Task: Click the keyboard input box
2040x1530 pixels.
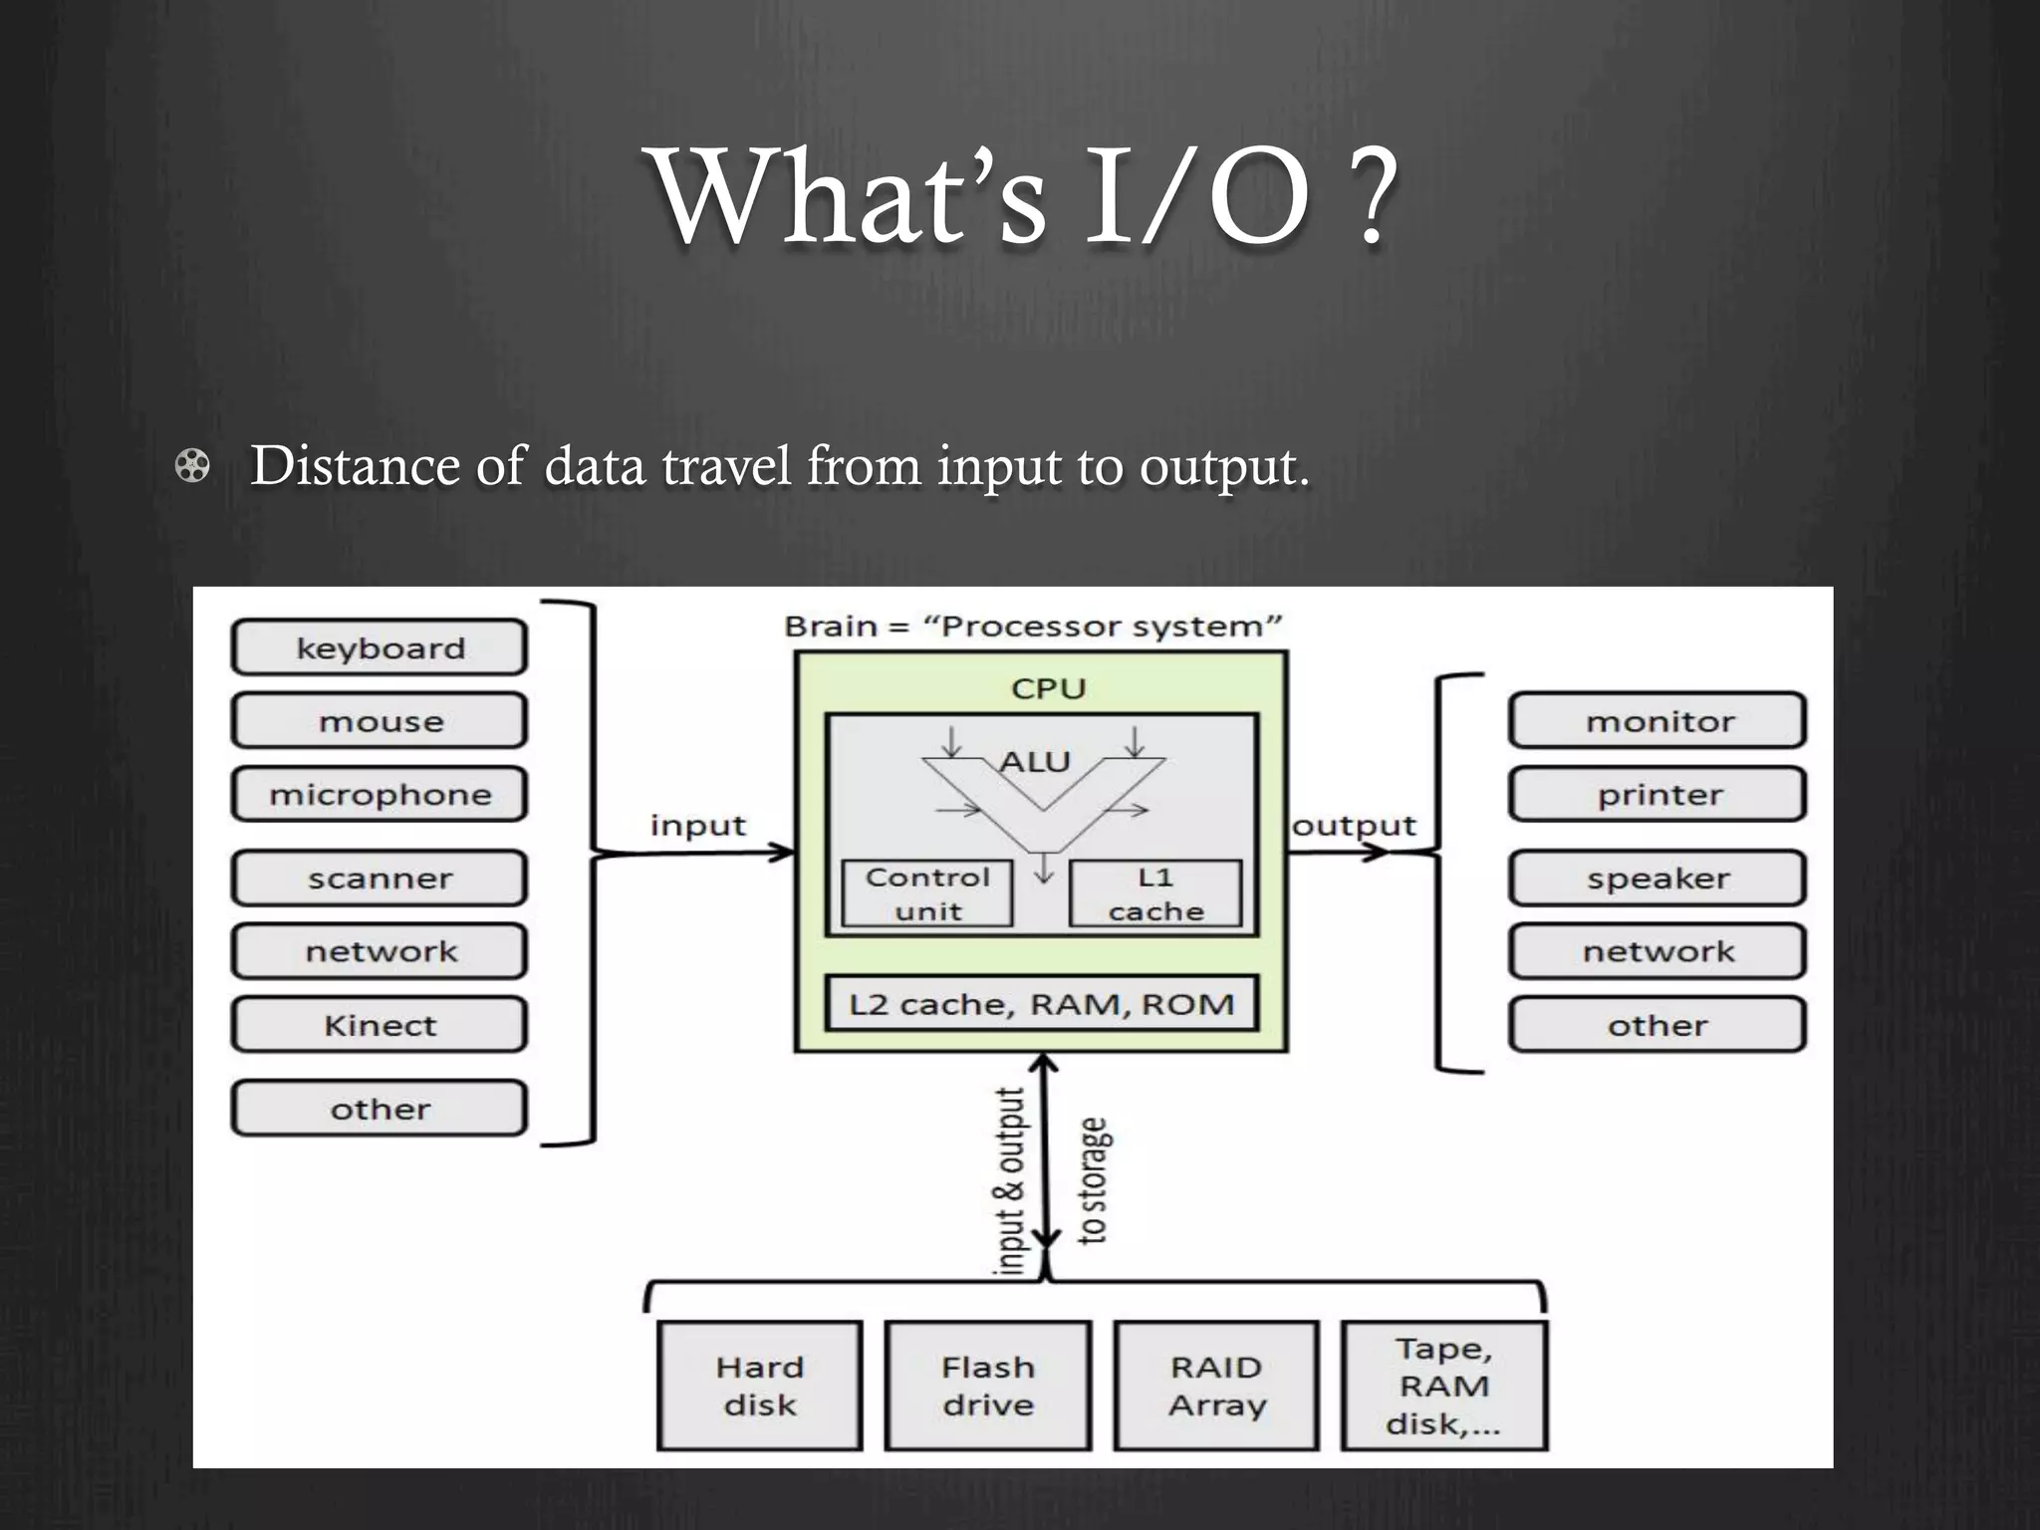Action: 380,648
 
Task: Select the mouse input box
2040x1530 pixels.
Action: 380,721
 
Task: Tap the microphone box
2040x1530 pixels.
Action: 380,795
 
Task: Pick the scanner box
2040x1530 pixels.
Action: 380,879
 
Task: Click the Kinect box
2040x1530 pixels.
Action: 380,1025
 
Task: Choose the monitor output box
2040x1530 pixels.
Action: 1658,721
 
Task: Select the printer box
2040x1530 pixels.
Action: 1658,795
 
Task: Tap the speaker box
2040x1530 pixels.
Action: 1658,879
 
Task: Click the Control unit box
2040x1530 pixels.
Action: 927,894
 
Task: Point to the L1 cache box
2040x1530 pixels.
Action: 1155,894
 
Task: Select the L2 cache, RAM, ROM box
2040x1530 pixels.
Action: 1042,1004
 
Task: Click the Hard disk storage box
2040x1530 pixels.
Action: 760,1386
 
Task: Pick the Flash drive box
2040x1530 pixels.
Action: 988,1386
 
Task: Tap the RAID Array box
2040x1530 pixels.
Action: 1216,1386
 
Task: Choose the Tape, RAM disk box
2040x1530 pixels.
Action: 1444,1386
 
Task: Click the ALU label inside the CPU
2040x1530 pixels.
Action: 1035,762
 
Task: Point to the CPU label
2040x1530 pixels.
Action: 1048,688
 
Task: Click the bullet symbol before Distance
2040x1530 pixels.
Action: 192,466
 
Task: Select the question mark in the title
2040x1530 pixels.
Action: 1372,199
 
